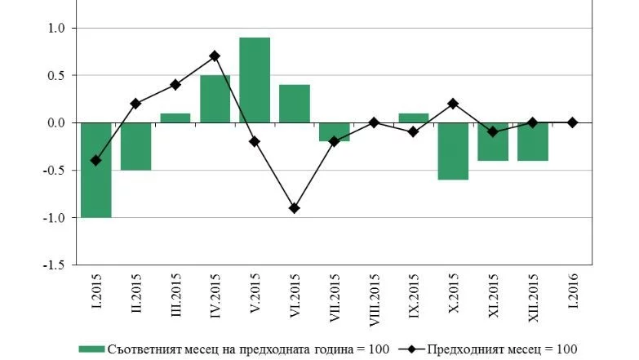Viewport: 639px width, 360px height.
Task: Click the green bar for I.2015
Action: (95, 170)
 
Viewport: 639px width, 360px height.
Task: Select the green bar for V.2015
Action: (255, 80)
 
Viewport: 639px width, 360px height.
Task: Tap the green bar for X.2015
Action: (453, 151)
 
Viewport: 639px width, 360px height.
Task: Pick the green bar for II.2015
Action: (135, 146)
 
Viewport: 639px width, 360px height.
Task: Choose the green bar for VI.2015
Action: (295, 104)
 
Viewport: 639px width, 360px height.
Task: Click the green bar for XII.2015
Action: (532, 141)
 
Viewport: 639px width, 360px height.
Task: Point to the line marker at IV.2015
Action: (215, 56)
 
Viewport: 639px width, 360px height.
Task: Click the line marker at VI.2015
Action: (295, 208)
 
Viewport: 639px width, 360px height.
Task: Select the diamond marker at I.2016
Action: (572, 122)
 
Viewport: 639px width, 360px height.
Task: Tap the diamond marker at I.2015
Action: (95, 161)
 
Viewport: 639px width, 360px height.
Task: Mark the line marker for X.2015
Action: (453, 104)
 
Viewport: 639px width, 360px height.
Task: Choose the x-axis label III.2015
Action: (175, 299)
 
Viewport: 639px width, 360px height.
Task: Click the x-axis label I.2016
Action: (572, 294)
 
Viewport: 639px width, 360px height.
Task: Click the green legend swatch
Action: (91, 349)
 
